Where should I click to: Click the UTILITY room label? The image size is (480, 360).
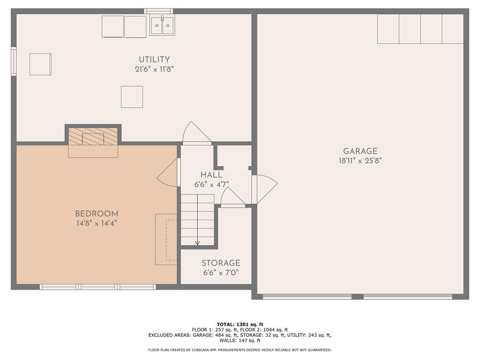click(x=154, y=60)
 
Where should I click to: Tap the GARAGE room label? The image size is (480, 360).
click(x=360, y=151)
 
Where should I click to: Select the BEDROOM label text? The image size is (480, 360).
click(x=97, y=214)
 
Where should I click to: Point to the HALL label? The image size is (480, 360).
click(x=211, y=175)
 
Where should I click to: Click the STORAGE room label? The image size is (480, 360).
click(x=221, y=263)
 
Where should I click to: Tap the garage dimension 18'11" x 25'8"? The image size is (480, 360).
click(x=360, y=161)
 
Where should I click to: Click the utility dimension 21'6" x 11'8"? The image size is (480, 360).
click(x=154, y=69)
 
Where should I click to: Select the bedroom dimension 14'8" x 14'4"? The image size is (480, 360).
click(x=97, y=223)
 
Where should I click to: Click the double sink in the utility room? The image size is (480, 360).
click(x=162, y=25)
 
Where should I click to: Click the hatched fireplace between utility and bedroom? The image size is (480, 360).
click(x=93, y=136)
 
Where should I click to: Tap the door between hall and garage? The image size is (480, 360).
click(x=264, y=189)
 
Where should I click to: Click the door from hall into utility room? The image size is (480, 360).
click(x=197, y=133)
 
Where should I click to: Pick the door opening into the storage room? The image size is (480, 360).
click(x=232, y=197)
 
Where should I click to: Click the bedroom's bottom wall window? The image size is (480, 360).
click(x=98, y=287)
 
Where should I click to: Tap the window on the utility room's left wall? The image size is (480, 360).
click(x=14, y=61)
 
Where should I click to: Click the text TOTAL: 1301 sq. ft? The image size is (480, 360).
click(x=240, y=324)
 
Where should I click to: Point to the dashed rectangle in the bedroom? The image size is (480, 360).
click(x=171, y=240)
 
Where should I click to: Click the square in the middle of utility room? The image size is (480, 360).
click(x=132, y=97)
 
